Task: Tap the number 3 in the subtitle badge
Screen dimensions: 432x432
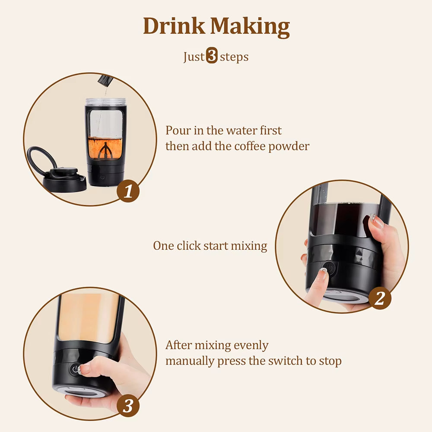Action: click(x=212, y=57)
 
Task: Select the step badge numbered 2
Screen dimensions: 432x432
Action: click(x=379, y=299)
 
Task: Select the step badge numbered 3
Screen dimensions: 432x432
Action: click(x=128, y=406)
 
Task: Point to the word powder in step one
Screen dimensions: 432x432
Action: click(x=289, y=146)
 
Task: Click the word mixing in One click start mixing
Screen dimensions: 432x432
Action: click(x=248, y=246)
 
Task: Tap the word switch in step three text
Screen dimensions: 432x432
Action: click(x=288, y=361)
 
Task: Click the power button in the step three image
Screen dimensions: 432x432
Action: click(x=76, y=369)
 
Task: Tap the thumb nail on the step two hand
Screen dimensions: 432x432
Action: click(x=377, y=222)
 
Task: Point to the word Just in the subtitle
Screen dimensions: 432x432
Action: click(x=194, y=57)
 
